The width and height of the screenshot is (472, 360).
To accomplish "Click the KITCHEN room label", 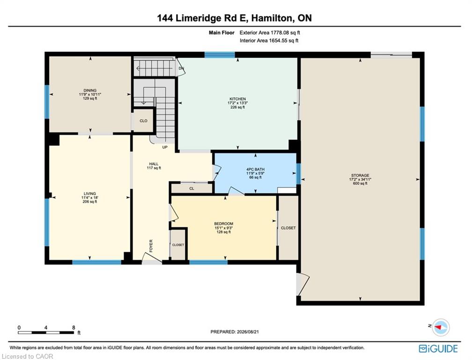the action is [x=237, y=99].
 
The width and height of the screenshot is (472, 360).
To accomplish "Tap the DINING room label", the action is [x=90, y=90].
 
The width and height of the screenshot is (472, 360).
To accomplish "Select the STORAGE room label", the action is [x=360, y=175].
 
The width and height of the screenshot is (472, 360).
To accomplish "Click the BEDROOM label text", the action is [x=224, y=224].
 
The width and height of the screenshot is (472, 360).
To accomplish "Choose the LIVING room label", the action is [x=90, y=194].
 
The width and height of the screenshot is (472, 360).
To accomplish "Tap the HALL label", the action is [x=154, y=164].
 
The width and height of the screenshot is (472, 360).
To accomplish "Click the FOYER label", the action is [x=151, y=246].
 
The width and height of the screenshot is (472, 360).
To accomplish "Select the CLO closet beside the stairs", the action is [x=144, y=121].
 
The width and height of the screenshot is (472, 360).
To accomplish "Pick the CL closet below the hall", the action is [x=192, y=188].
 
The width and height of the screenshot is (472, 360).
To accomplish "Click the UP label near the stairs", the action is [x=165, y=147].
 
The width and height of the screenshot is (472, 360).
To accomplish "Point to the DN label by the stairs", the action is [x=181, y=68].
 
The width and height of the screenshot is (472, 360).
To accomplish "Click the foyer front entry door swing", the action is [x=152, y=258].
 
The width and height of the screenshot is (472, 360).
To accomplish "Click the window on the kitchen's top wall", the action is [x=220, y=55].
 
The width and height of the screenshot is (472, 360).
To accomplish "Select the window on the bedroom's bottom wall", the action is [x=208, y=262].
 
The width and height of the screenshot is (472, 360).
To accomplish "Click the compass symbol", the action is [x=441, y=327].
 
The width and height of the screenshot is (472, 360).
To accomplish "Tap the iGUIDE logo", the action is [x=438, y=349].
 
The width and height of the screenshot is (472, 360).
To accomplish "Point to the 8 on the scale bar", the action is [x=74, y=328].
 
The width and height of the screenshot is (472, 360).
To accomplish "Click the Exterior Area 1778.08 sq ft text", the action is [x=270, y=32].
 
